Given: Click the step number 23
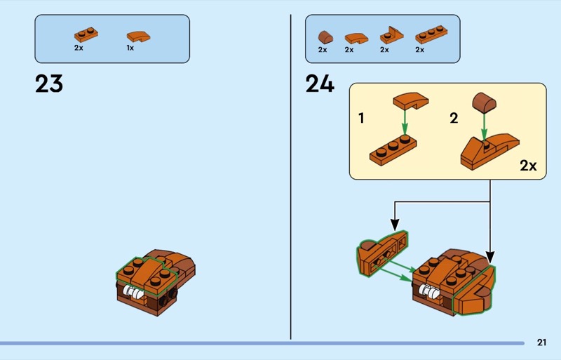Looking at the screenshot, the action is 49,84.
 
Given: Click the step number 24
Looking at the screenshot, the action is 320,84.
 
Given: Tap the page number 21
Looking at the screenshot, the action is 541,342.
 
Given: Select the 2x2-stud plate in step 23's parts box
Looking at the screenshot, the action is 86,34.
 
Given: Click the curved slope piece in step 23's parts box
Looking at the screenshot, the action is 138,36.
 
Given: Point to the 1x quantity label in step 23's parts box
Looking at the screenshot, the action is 130,48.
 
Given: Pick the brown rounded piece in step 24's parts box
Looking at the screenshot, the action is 325,37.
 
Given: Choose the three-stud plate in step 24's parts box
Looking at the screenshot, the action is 431,35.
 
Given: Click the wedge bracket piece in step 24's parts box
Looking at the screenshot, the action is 392,35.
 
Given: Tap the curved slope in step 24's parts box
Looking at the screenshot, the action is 356,39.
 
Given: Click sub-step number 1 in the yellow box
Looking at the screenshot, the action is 361,118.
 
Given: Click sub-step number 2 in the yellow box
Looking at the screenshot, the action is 454,118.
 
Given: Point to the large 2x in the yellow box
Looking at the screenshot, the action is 528,166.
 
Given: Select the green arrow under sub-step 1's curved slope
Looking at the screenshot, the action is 405,122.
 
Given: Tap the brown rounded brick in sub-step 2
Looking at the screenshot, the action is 484,102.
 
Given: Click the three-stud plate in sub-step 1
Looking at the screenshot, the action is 393,150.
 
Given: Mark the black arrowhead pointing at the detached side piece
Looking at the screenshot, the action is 395,225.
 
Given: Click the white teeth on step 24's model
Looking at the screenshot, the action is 429,291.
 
